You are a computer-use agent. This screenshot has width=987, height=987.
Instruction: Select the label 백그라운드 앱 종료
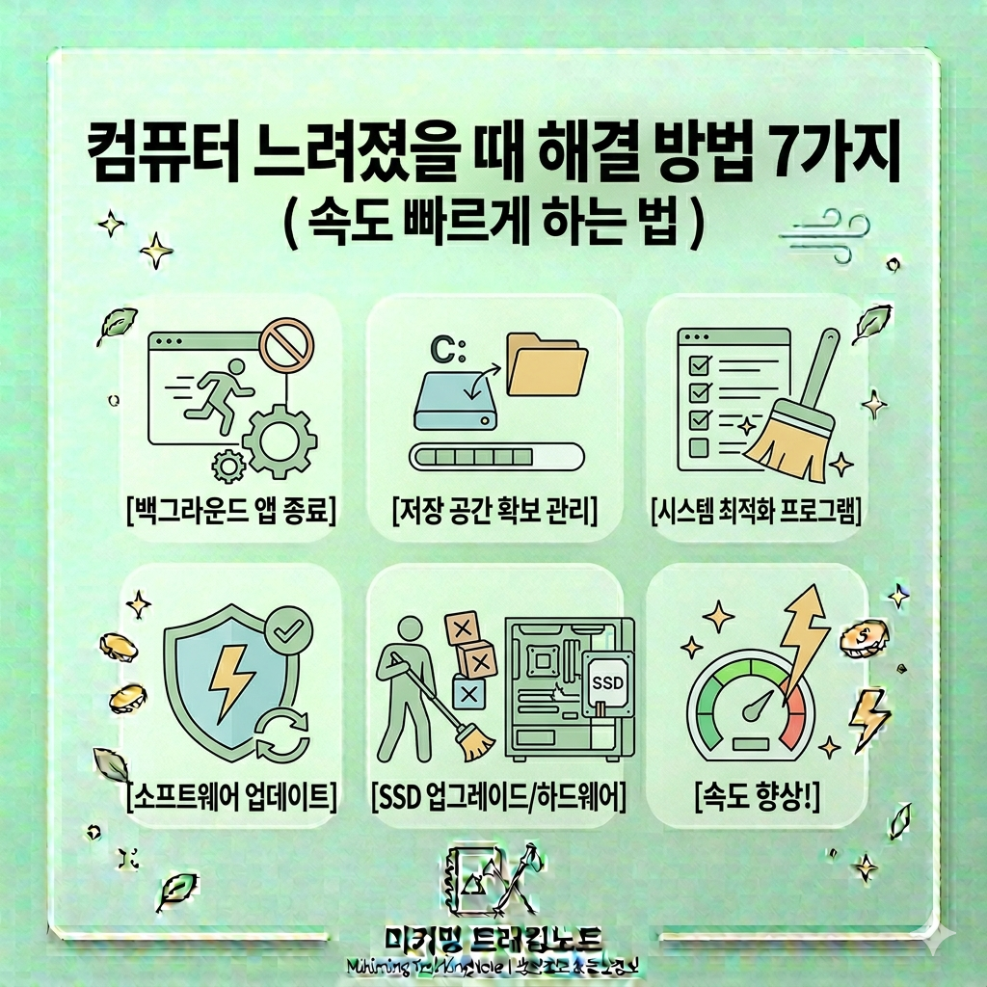tap(231, 508)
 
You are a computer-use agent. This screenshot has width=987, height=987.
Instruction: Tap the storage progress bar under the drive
tap(495, 454)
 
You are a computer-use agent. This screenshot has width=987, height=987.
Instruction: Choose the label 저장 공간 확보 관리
tap(494, 508)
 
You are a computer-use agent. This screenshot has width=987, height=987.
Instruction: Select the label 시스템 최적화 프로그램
tap(756, 508)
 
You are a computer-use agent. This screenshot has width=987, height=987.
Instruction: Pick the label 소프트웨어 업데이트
tap(231, 796)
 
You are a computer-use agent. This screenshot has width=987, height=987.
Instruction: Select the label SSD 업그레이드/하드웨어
tap(498, 796)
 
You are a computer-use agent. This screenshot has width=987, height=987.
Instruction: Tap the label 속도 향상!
tap(756, 796)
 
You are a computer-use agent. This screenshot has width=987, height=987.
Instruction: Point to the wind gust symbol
tap(824, 234)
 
